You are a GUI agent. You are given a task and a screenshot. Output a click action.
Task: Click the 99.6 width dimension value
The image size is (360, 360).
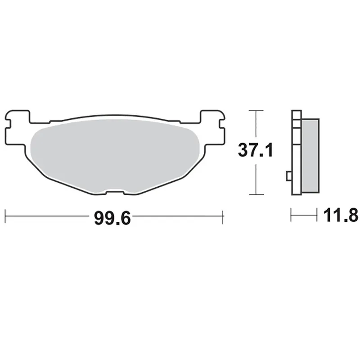pyautogui.click(x=112, y=218)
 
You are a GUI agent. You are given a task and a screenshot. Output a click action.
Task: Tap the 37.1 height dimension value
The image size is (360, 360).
pyautogui.click(x=256, y=150)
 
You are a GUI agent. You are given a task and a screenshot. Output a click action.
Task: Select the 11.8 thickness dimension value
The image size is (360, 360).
pyautogui.click(x=341, y=216)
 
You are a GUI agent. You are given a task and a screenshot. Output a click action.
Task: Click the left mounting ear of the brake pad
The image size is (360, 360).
pyautogui.click(x=17, y=127)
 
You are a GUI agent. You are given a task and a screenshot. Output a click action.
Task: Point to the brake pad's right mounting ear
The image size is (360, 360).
pyautogui.click(x=212, y=127)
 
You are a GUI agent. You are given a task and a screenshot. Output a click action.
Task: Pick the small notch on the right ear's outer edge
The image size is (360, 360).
pyautogui.click(x=221, y=124)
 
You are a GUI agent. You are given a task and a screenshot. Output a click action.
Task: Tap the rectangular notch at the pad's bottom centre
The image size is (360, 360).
pyautogui.click(x=115, y=193)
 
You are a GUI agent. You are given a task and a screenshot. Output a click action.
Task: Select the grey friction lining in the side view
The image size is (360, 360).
pyautogui.click(x=310, y=155)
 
